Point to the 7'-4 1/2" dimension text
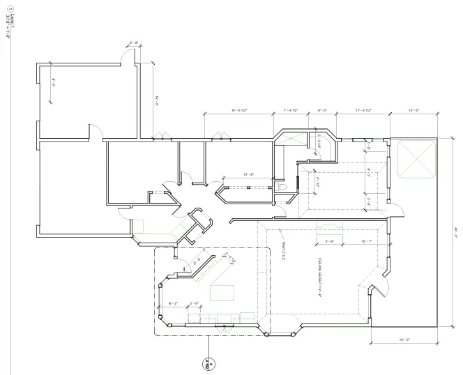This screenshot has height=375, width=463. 291,110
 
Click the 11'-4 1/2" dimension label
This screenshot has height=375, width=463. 362,110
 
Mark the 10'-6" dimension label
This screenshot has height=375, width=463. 247,174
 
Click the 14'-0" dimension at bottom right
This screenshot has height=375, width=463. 404,339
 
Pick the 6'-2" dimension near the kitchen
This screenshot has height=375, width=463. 174,303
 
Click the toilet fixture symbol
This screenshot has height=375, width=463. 282,187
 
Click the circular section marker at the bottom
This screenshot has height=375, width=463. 206,363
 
